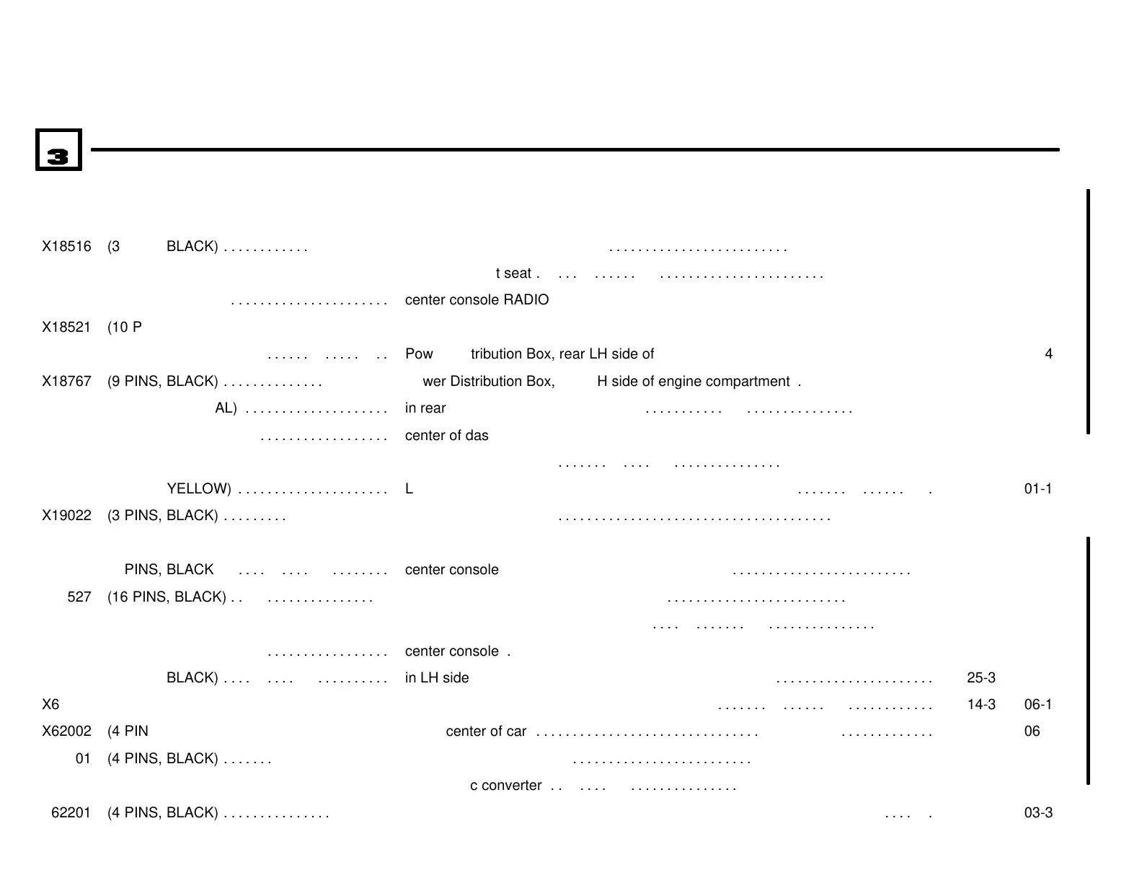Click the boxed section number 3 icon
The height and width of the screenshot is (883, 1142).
(x=58, y=150)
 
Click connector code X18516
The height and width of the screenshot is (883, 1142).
(x=66, y=247)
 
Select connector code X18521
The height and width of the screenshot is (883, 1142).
(x=66, y=328)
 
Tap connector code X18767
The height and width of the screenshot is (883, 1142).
(x=66, y=382)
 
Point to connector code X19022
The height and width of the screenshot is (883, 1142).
(x=66, y=516)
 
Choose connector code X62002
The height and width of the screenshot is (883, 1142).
(x=66, y=732)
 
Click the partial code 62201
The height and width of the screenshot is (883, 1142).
(x=71, y=813)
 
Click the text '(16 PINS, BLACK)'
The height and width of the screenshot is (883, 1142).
(x=167, y=597)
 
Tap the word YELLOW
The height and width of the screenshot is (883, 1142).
(x=198, y=489)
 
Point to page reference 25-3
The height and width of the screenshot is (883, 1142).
(x=981, y=678)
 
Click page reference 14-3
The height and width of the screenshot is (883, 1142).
(x=981, y=705)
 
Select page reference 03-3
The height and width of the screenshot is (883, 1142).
(x=1038, y=813)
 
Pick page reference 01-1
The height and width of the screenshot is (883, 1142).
(x=1038, y=489)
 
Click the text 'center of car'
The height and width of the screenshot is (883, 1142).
(x=486, y=732)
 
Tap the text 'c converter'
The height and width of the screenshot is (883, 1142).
(x=505, y=786)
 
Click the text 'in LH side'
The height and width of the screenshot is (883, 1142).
(x=437, y=678)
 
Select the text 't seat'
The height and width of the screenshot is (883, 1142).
(x=513, y=273)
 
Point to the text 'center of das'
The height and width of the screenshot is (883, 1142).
(x=446, y=436)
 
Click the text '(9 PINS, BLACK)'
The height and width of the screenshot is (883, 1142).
(x=162, y=382)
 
